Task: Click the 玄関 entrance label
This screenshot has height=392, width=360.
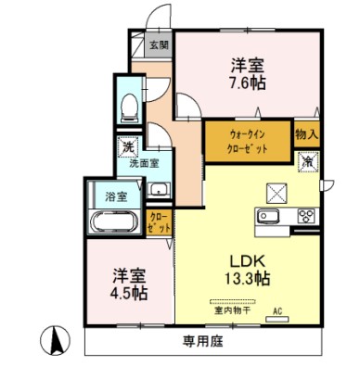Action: pos(159,44)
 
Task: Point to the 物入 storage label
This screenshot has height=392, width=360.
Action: pos(307,134)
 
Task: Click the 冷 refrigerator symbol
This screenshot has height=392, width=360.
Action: pos(306,160)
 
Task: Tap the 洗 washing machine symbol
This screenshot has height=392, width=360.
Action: pos(125,146)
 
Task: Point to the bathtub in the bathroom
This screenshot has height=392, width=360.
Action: pos(116,222)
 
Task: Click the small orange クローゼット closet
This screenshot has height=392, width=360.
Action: pos(160,222)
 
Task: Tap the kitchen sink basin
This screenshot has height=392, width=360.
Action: pos(269,217)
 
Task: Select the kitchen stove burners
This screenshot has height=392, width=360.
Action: pos(305,217)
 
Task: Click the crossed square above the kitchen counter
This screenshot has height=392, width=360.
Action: pos(278,193)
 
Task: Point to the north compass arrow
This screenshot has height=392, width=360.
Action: pos(56,342)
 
